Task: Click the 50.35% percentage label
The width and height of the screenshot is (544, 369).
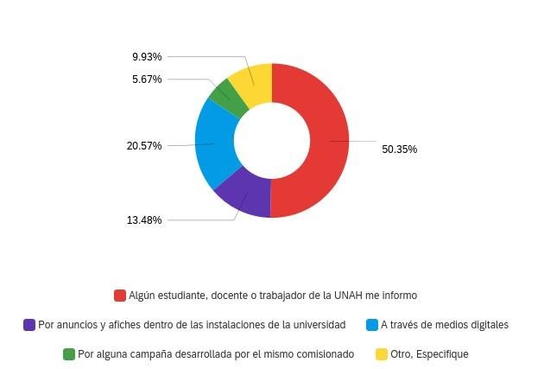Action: pyautogui.click(x=399, y=150)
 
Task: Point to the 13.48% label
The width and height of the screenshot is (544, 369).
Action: pyautogui.click(x=144, y=220)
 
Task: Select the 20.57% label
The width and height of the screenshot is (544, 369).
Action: pyautogui.click(x=144, y=146)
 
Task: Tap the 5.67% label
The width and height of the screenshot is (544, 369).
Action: pyautogui.click(x=147, y=80)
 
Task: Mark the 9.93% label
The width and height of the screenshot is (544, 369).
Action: pyautogui.click(x=147, y=57)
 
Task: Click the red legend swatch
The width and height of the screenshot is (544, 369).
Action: pyautogui.click(x=120, y=296)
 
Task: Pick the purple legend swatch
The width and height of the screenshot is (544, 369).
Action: pyautogui.click(x=29, y=325)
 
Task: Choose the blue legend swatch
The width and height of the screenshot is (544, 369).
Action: pyautogui.click(x=372, y=325)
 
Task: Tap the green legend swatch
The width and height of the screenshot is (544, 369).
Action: pyautogui.click(x=69, y=354)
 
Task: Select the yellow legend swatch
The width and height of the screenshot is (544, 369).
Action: pyautogui.click(x=382, y=354)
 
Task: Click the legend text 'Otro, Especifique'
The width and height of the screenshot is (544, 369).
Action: pyautogui.click(x=429, y=354)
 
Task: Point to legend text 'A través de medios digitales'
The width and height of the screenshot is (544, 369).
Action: pyautogui.click(x=445, y=325)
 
